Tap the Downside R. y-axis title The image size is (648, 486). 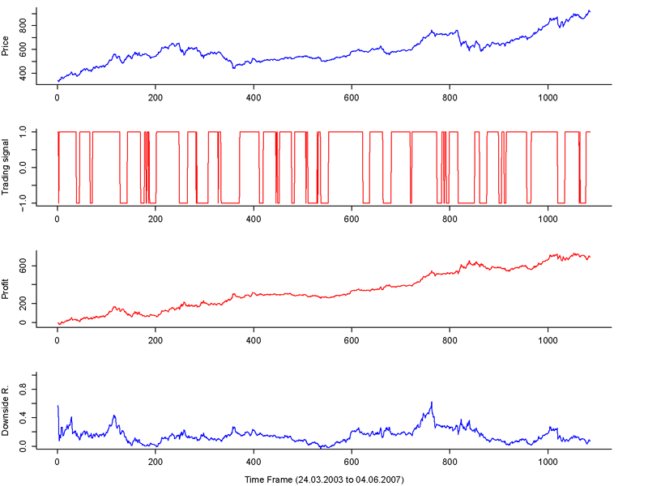6,411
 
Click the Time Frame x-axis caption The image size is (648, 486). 324,480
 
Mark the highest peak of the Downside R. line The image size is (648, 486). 432,402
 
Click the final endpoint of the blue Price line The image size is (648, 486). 590,11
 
